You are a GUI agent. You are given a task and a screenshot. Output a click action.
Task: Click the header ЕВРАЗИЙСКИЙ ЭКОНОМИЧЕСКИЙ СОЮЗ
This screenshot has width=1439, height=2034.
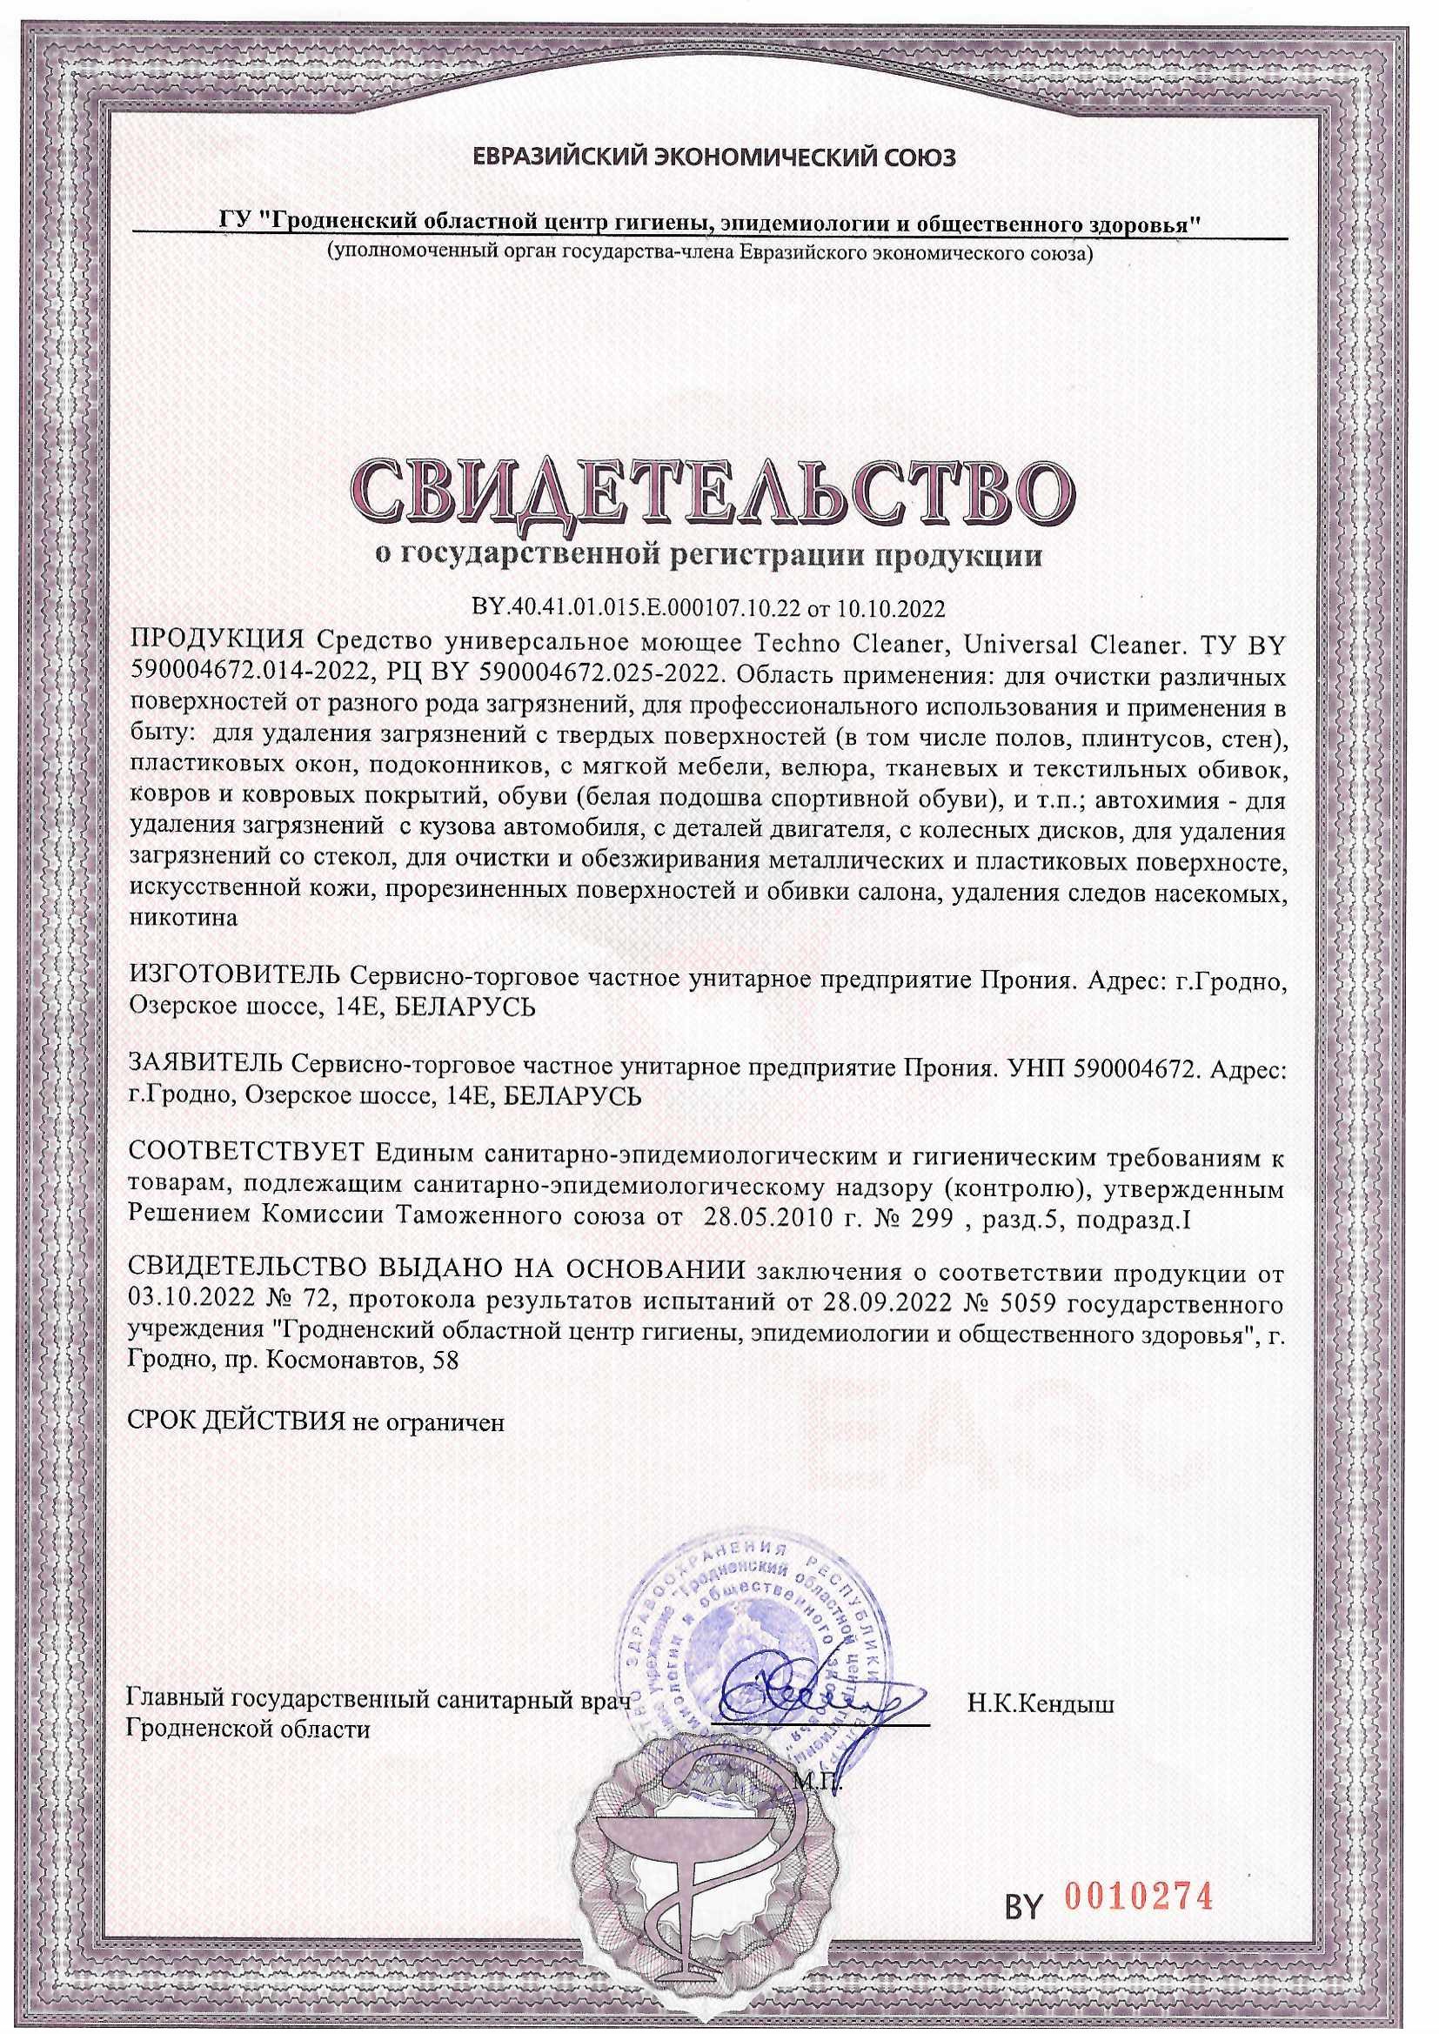coord(715,159)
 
